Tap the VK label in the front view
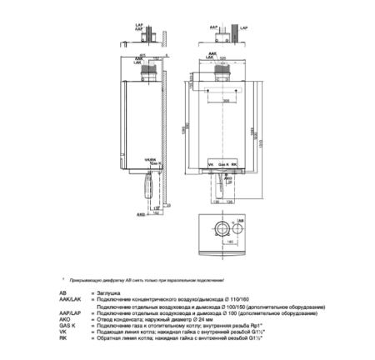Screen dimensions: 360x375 pos(210,165)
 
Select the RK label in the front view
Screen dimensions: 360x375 pos(235,165)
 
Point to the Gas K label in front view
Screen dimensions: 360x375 pos(222,165)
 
